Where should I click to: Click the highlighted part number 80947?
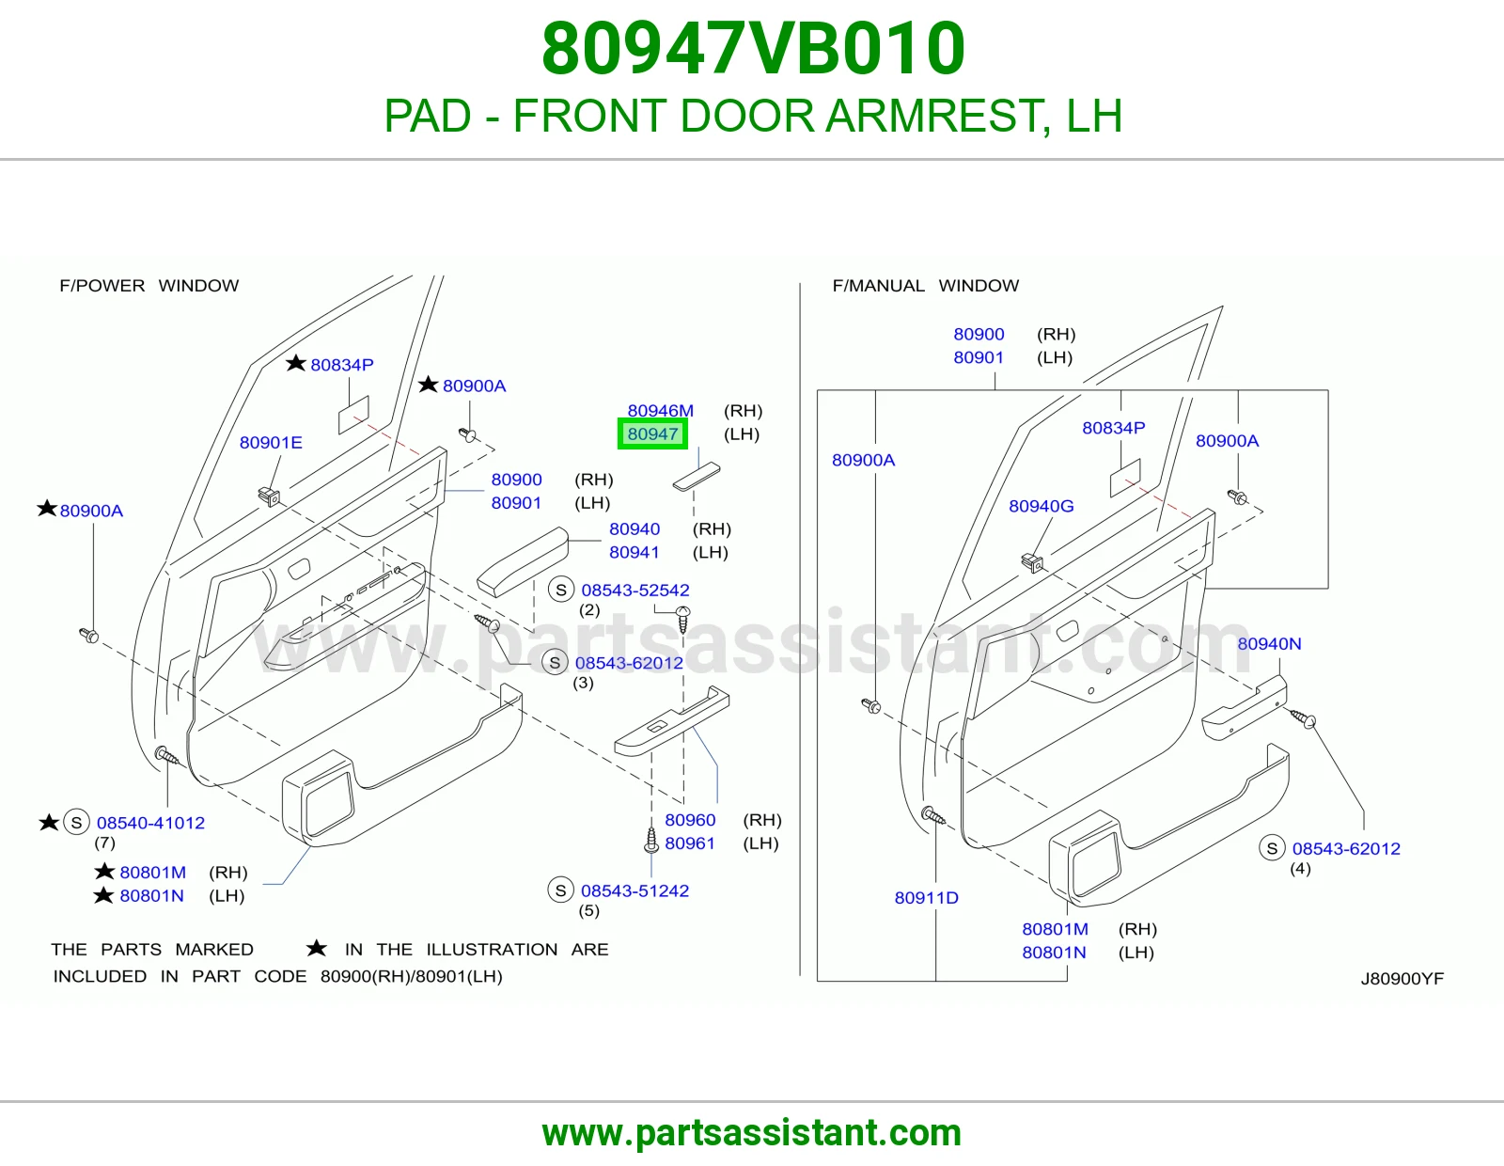click(652, 434)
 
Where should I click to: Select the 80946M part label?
click(660, 411)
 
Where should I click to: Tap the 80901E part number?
click(271, 443)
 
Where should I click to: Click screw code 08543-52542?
click(635, 590)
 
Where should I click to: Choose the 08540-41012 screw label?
click(151, 823)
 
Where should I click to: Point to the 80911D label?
click(926, 897)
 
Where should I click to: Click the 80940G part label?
click(1041, 506)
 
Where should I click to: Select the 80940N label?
click(1269, 643)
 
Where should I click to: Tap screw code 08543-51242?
click(634, 890)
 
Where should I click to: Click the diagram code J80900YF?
click(1402, 978)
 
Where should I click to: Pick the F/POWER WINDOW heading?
click(149, 285)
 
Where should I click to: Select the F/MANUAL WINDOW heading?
click(925, 285)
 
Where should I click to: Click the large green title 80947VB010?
click(753, 48)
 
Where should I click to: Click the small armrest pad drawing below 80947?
click(697, 477)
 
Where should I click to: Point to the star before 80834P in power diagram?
click(295, 363)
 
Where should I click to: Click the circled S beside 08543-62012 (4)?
click(1272, 848)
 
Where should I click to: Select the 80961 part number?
click(690, 843)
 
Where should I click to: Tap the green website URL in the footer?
click(752, 1133)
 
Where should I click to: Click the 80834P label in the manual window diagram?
click(1114, 428)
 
